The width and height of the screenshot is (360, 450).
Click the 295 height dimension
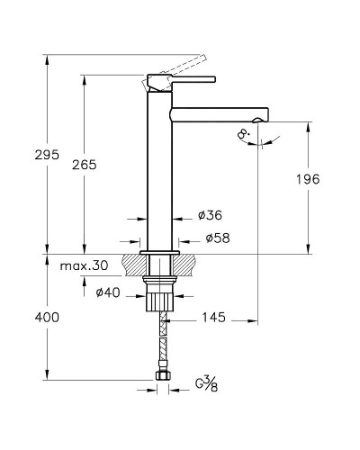(47, 155)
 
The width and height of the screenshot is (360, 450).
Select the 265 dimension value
(85, 165)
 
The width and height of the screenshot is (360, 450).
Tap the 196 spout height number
(308, 179)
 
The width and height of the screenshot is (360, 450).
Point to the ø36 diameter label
(210, 215)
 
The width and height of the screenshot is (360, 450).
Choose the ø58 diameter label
(218, 238)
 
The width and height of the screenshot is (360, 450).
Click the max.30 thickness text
(84, 265)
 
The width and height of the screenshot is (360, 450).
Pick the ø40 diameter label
(108, 292)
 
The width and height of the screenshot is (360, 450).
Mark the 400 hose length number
(47, 318)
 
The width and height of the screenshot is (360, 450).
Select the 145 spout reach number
(213, 318)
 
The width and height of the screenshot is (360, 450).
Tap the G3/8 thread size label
(207, 384)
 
